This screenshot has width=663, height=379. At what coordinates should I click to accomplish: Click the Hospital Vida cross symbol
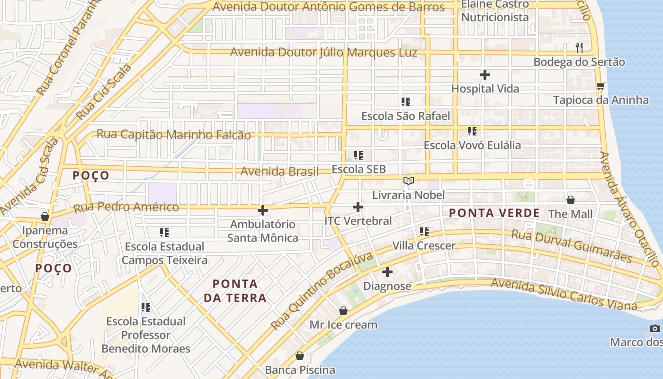click(x=484, y=75)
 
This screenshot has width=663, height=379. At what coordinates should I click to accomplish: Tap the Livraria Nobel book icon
click(x=408, y=181)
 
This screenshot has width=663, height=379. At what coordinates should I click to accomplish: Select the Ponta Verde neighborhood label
click(x=494, y=213)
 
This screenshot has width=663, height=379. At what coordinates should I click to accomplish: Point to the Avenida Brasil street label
click(x=279, y=171)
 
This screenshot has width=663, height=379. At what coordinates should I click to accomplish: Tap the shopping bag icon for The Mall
click(x=570, y=200)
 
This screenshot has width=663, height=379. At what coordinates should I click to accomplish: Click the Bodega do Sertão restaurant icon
click(x=579, y=48)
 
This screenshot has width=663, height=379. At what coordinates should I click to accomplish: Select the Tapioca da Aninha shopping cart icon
click(x=600, y=86)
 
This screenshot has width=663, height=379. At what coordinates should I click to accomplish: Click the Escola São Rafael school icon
click(x=405, y=102)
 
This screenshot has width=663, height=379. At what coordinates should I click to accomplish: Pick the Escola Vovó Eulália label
click(x=472, y=145)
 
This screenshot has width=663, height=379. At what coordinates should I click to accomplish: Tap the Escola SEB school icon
click(x=358, y=155)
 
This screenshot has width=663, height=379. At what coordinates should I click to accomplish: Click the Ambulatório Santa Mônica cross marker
click(x=262, y=210)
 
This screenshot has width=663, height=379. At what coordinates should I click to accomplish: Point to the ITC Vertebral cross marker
click(x=358, y=207)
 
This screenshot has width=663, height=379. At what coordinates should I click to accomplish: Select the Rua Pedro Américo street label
click(x=126, y=207)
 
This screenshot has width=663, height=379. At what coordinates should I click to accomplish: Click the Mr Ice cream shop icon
click(x=343, y=311)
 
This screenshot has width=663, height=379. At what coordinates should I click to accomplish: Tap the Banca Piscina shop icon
click(x=300, y=356)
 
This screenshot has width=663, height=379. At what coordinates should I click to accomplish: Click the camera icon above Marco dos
click(x=654, y=329)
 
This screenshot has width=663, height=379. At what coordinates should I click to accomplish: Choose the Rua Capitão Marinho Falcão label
click(x=173, y=135)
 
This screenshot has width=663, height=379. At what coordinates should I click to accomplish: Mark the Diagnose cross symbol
click(x=387, y=272)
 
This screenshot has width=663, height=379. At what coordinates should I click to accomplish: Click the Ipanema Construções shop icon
click(x=45, y=217)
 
